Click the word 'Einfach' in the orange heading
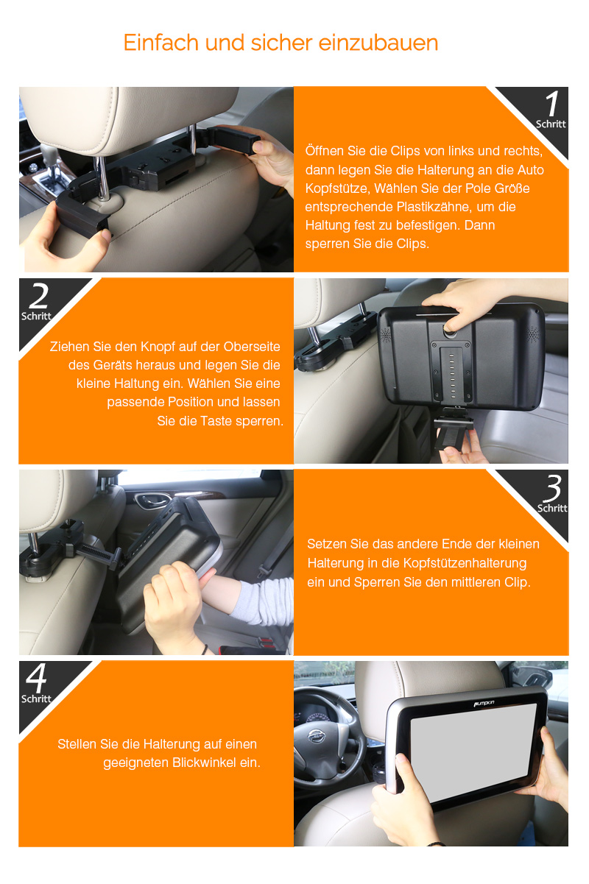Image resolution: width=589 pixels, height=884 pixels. (161, 43)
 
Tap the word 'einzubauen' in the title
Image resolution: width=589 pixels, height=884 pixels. (378, 43)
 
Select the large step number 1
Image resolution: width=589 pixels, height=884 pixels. (553, 103)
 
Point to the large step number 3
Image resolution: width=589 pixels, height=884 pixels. (552, 488)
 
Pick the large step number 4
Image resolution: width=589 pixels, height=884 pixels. (36, 678)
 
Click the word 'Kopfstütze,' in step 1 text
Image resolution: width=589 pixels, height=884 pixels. (337, 188)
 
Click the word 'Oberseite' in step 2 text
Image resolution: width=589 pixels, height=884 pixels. (252, 347)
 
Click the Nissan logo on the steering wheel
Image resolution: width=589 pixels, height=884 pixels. (316, 736)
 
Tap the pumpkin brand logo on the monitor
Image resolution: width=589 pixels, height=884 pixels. (484, 703)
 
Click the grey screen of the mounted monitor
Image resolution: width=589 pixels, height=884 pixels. (473, 752)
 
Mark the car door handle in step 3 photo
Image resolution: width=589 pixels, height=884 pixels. (149, 500)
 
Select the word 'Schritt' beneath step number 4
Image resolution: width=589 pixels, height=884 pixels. (36, 699)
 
